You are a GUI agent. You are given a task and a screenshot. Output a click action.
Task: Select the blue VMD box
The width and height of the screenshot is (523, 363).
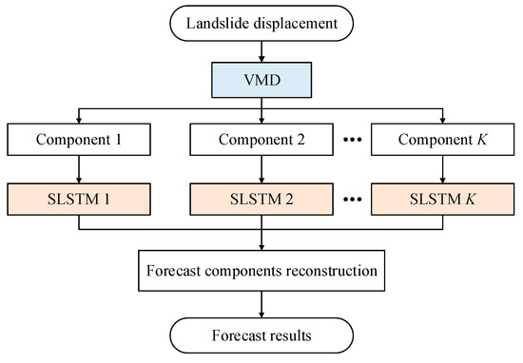coord(261,77)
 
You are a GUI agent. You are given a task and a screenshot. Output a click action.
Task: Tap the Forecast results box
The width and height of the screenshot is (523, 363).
coord(261,335)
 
